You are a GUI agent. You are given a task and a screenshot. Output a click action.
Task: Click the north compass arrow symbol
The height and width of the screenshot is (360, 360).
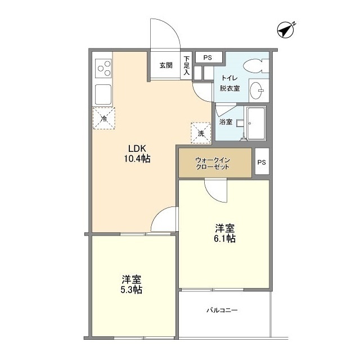[286, 29]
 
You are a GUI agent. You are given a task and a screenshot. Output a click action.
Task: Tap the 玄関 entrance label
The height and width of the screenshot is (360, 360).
[165, 65]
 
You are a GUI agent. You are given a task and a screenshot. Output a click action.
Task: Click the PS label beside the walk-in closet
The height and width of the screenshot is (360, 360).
[262, 163]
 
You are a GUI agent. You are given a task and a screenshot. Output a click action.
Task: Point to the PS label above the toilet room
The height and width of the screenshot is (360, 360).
[208, 57]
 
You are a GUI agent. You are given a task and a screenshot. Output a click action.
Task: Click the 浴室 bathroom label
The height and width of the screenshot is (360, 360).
[225, 121]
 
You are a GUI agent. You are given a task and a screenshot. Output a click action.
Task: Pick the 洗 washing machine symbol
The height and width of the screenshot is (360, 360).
[201, 132]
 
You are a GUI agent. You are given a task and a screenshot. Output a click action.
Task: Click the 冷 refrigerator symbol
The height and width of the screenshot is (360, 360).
[103, 118]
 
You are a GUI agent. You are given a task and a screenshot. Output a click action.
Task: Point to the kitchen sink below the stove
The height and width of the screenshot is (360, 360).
[103, 93]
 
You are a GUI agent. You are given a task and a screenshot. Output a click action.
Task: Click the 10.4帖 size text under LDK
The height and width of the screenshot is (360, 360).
[137, 160]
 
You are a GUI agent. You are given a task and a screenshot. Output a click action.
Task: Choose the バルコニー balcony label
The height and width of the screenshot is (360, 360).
[222, 310]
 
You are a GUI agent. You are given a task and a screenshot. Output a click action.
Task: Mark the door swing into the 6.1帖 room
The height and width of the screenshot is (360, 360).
[215, 191]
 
